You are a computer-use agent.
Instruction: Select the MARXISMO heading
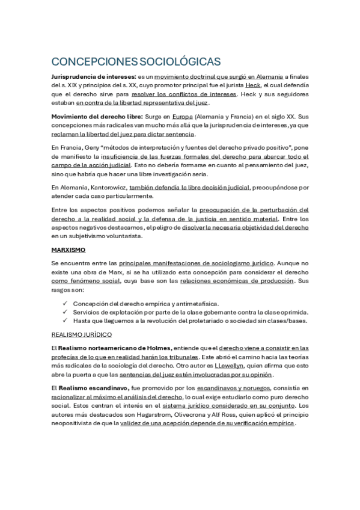click(69, 248)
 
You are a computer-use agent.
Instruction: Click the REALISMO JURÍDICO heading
click(82, 334)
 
